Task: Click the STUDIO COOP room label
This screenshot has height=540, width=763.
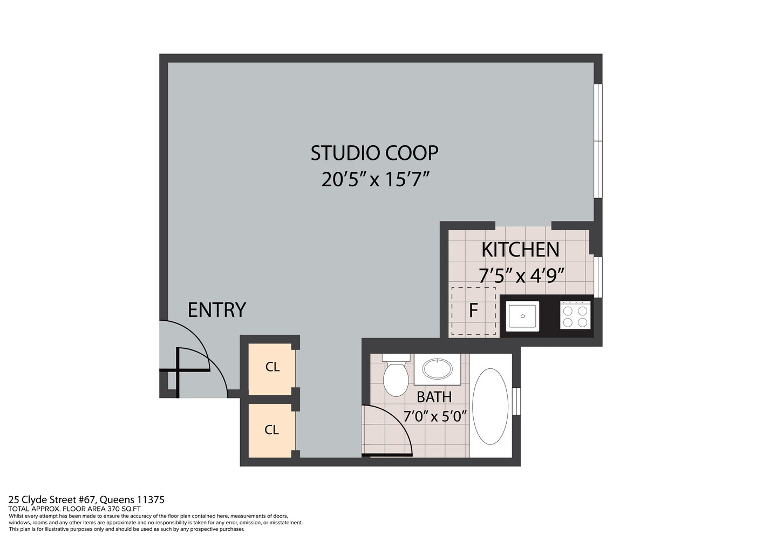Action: [374, 153]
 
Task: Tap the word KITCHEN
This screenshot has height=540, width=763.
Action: [520, 250]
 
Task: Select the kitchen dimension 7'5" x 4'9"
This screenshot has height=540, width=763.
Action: [521, 275]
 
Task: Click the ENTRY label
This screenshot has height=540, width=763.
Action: [216, 310]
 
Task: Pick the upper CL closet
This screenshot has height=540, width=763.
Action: [272, 367]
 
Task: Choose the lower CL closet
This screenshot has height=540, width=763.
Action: [271, 430]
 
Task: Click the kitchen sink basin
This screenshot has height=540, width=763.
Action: [522, 316]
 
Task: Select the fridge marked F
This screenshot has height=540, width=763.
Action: [473, 311]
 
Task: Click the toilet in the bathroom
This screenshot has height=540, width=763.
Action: [396, 376]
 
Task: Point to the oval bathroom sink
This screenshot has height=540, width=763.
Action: [438, 369]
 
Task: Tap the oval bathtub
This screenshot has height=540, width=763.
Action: [490, 406]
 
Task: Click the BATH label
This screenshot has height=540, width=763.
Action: [434, 397]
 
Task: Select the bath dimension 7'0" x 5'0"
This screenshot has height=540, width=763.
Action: [434, 417]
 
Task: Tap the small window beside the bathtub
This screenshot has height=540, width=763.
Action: [516, 401]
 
